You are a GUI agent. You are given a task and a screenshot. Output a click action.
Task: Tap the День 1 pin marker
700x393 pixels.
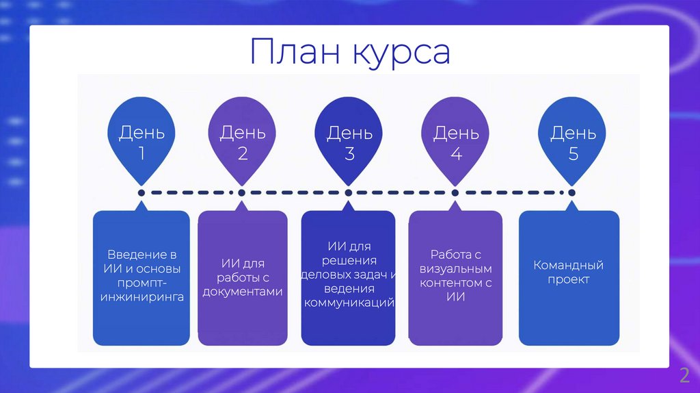(x=142, y=141)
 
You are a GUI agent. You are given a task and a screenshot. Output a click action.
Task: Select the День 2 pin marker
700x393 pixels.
(x=243, y=141)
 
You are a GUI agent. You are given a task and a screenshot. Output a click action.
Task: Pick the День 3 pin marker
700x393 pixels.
(x=349, y=141)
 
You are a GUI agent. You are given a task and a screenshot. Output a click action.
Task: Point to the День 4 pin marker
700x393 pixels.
(x=456, y=141)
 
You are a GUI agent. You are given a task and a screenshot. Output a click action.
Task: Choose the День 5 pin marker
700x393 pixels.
(x=573, y=141)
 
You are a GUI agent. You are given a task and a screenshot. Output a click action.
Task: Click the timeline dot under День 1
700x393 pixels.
(x=142, y=193)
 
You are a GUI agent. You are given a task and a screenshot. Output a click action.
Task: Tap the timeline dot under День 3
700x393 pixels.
(x=349, y=193)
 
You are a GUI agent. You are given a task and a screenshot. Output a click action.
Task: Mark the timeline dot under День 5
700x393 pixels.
(x=572, y=193)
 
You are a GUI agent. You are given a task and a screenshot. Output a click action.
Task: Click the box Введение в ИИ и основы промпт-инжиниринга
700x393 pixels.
(x=142, y=277)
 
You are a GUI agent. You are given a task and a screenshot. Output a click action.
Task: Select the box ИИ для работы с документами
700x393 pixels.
(x=243, y=277)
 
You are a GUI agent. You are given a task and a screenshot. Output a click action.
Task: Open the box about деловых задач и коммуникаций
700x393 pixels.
(x=349, y=277)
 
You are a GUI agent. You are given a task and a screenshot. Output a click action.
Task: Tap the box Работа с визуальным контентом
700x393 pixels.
(x=456, y=277)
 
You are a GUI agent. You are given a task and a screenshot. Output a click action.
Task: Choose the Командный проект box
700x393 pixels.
(x=569, y=277)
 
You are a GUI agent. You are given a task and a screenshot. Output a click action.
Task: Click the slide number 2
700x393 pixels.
(x=684, y=375)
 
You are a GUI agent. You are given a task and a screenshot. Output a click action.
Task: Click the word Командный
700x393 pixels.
(x=569, y=265)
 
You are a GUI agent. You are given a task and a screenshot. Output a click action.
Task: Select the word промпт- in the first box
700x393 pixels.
(x=142, y=283)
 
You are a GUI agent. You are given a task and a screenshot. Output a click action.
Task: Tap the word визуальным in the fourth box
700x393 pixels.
(x=456, y=268)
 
